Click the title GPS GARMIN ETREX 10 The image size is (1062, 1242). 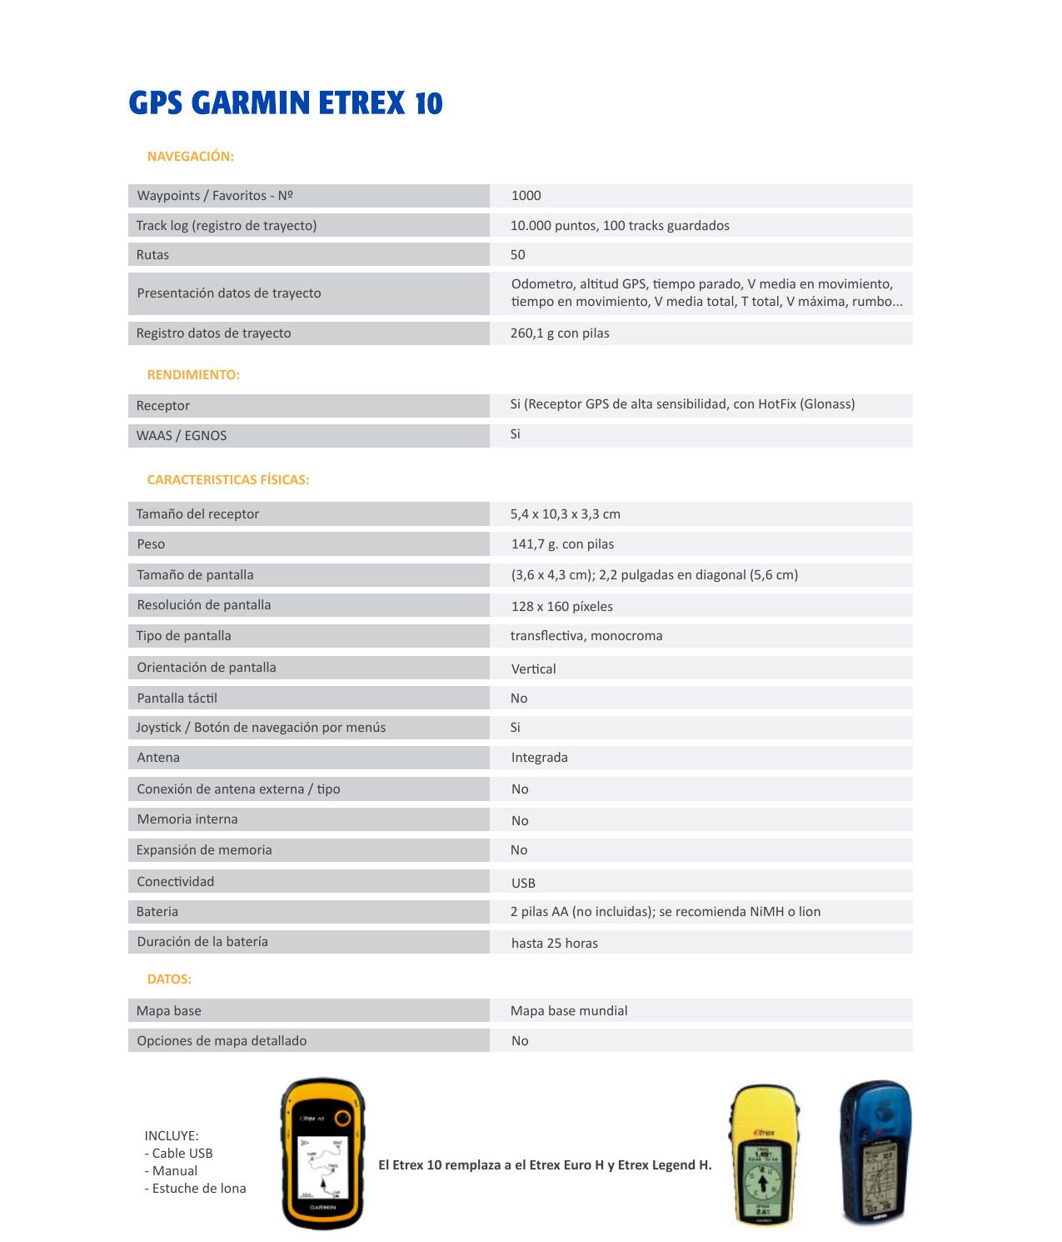point(286,103)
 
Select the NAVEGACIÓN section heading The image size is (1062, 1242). point(190,157)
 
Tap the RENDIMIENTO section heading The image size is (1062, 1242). point(193,375)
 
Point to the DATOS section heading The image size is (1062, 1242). point(169,979)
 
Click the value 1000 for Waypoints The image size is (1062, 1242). point(526,196)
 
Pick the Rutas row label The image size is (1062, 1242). point(152,255)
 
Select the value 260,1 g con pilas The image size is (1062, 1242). point(560,333)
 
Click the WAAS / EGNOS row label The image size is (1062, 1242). point(182,436)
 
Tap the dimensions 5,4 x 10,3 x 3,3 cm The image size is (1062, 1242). point(565,514)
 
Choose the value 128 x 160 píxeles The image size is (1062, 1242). point(561,607)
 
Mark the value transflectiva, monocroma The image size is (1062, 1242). point(586,636)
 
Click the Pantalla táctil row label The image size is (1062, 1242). point(177,699)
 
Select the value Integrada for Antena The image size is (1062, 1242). point(539,758)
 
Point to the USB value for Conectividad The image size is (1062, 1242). point(523,884)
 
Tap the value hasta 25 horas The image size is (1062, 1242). point(554,944)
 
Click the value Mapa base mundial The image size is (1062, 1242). point(569,1011)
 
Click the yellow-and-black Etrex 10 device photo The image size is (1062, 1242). point(323,1154)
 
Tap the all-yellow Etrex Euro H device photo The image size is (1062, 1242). point(764,1155)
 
